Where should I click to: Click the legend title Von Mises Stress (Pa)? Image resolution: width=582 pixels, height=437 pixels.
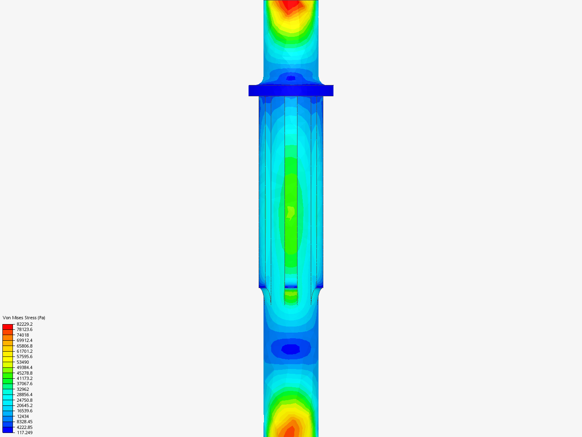[24, 318]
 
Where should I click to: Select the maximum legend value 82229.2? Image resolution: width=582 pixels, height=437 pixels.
[25, 324]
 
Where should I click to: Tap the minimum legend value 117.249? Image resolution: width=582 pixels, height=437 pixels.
[25, 433]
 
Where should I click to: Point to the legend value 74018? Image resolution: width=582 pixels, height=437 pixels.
[23, 335]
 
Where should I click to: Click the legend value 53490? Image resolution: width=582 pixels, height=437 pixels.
[23, 362]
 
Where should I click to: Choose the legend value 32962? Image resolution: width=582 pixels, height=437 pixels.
[23, 389]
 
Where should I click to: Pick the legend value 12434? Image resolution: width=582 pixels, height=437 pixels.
[23, 416]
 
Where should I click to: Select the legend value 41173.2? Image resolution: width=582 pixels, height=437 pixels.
[25, 378]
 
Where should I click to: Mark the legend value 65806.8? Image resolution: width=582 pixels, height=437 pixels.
[25, 346]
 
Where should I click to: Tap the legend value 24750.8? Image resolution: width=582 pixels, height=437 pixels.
[25, 400]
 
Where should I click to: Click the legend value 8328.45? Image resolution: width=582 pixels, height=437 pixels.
[25, 422]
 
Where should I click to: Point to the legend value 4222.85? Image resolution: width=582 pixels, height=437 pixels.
[25, 427]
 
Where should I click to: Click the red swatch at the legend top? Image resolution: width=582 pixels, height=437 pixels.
[8, 327]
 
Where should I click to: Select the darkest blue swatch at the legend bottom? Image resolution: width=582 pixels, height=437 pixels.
[8, 430]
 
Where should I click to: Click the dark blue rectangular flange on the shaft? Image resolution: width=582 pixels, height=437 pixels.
[291, 91]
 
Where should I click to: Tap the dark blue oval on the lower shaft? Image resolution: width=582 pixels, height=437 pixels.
[291, 349]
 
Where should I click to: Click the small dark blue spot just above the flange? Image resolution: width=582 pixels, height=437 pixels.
[291, 78]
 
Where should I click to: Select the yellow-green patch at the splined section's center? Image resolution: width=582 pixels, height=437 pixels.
[291, 212]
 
